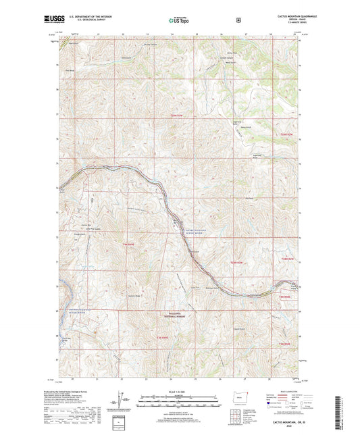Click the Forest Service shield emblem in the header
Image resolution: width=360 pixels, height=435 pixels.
click(238, 20)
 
